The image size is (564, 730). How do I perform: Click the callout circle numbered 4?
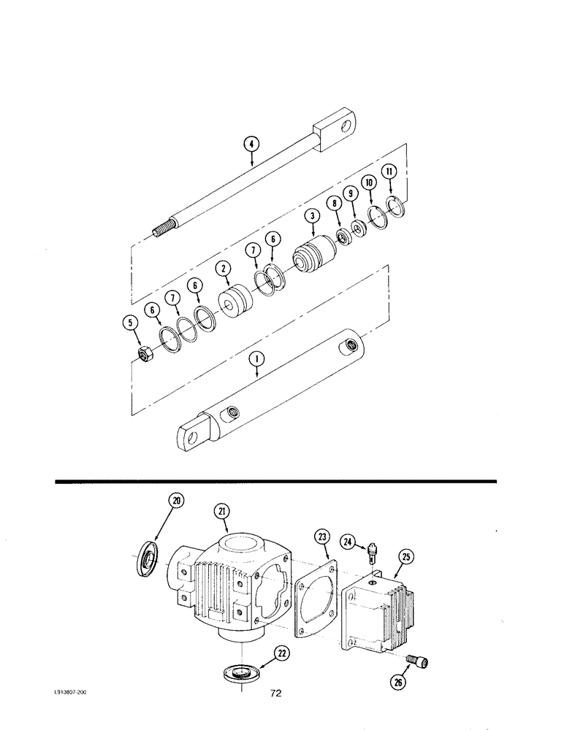tap(250, 145)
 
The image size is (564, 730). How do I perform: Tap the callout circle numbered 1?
tap(256, 359)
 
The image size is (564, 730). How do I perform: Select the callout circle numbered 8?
tap(335, 206)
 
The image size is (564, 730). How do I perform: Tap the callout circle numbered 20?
tap(176, 500)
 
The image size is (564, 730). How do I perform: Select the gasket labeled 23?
tap(315, 607)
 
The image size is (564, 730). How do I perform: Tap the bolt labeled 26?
tap(421, 661)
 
